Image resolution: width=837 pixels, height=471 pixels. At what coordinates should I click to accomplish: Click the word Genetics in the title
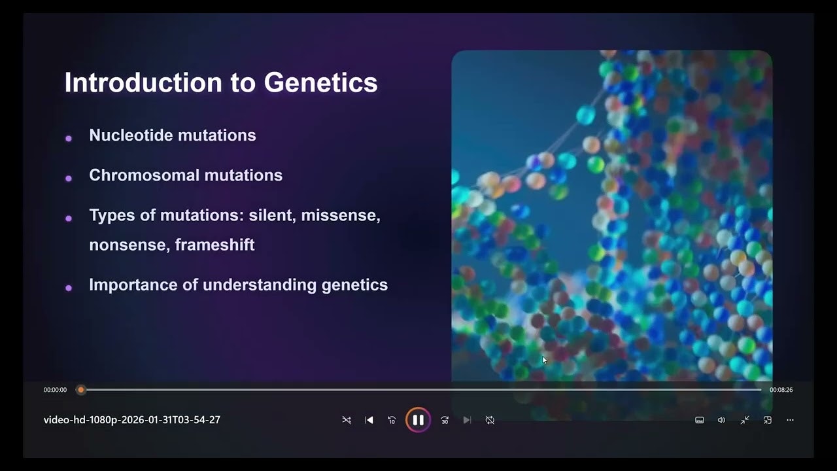coord(320,82)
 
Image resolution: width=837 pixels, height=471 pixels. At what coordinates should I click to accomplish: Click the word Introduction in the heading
coord(143,82)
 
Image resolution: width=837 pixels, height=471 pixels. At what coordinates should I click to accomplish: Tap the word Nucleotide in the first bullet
coord(131,135)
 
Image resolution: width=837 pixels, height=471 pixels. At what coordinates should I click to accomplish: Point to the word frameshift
coord(214,245)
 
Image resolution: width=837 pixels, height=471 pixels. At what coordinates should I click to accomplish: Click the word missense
coord(341,215)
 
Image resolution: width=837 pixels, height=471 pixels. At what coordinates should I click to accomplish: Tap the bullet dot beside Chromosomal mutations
coord(69,179)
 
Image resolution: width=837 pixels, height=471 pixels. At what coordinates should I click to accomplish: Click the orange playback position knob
coord(80,390)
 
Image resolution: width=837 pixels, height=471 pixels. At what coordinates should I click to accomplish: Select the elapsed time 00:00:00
coord(55,390)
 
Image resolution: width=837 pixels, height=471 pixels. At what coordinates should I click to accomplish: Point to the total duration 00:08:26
coord(781,390)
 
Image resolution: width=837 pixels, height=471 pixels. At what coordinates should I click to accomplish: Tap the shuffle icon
coord(347,420)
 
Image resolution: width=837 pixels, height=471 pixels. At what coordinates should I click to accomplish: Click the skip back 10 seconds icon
coord(392,420)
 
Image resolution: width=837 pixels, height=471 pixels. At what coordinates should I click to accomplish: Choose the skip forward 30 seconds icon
coord(445,420)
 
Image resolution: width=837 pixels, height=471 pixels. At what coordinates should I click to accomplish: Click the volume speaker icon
coord(721,420)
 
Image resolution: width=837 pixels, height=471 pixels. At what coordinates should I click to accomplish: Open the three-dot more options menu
coord(790,420)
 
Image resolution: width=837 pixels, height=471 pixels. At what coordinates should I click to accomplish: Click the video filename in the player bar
coord(132,420)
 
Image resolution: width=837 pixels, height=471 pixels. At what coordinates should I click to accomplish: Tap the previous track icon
coord(369,420)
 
